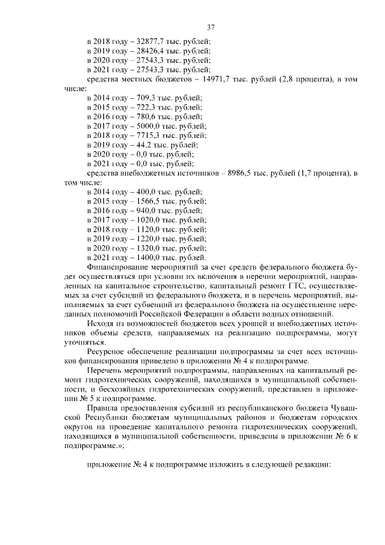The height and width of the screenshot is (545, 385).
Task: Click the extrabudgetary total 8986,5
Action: tap(242, 173)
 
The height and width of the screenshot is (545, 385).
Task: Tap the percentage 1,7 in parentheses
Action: tap(306, 173)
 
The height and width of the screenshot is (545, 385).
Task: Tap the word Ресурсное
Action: tap(105, 351)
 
